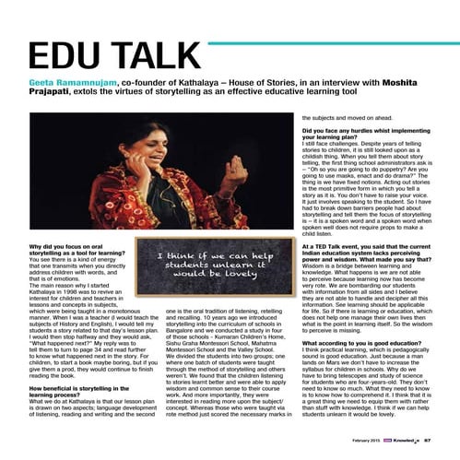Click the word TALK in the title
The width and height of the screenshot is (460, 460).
coord(165,54)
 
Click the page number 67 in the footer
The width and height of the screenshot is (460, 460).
coord(429,443)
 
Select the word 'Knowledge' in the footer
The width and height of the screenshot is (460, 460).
coord(407,443)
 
